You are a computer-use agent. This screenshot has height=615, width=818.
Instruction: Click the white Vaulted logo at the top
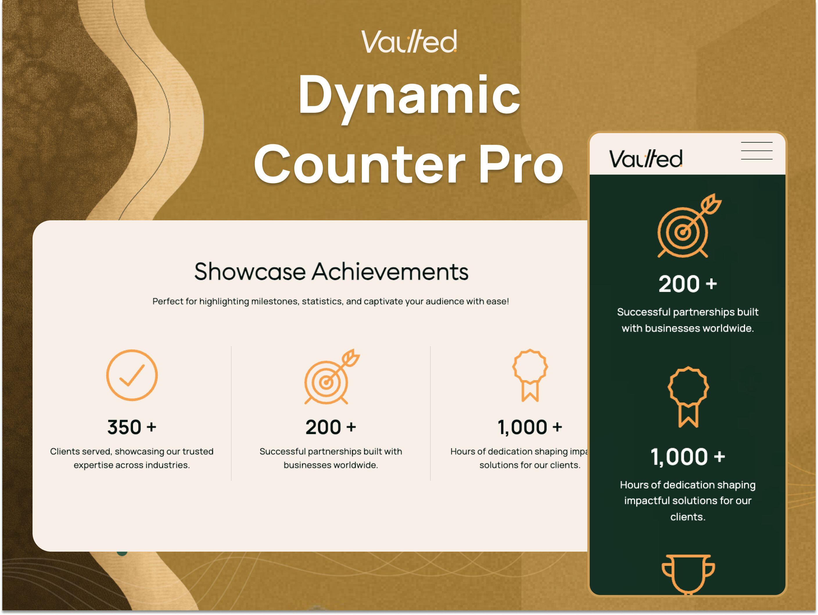(409, 42)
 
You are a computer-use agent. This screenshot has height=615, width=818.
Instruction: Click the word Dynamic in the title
(409, 95)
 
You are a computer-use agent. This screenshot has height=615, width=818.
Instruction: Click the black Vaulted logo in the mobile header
(645, 158)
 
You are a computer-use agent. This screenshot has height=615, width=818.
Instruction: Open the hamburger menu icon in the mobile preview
(757, 151)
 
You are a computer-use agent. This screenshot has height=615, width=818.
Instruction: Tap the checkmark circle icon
(132, 375)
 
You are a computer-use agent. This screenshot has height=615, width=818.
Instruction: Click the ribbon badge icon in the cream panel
(530, 375)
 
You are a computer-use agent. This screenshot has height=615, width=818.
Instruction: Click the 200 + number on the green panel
(688, 284)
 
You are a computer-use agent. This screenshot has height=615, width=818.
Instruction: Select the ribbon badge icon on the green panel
(688, 397)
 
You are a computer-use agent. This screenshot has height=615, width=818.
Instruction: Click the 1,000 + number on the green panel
(688, 457)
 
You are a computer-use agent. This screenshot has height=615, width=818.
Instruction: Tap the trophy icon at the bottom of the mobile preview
(688, 573)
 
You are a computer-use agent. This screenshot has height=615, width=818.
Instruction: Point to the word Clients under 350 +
(65, 451)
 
